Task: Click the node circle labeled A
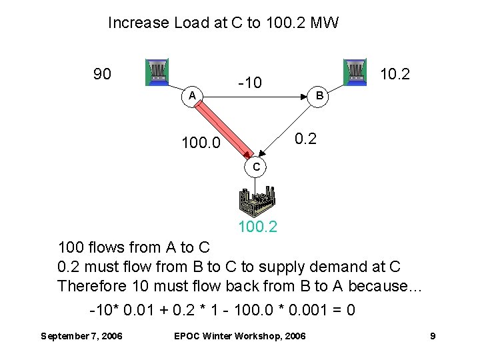191,96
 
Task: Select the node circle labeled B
319,96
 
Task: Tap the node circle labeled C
256,167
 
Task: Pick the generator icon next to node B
355,72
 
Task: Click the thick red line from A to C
220,127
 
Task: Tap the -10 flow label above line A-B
250,83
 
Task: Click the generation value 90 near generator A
102,73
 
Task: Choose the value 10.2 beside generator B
394,73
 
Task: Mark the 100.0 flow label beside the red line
201,143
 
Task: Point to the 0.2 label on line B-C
306,139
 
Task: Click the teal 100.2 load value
258,227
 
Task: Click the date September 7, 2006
81,336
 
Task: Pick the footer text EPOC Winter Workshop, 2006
239,336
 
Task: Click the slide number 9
433,336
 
